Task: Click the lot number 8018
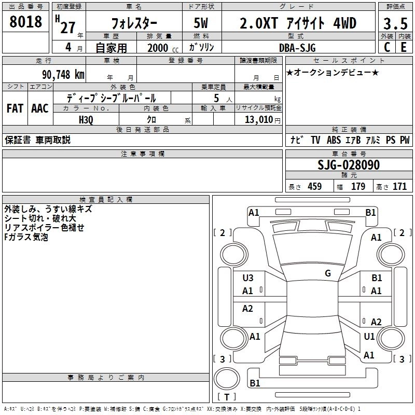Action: (25, 22)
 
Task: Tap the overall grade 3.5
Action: (395, 23)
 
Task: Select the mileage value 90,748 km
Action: (63, 75)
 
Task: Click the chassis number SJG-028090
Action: (349, 165)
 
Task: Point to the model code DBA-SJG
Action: (297, 48)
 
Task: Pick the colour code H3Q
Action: (86, 120)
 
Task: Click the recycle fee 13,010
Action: (259, 119)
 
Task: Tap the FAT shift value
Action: (15, 108)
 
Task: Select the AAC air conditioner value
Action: (40, 108)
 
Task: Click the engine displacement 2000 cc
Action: (163, 48)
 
